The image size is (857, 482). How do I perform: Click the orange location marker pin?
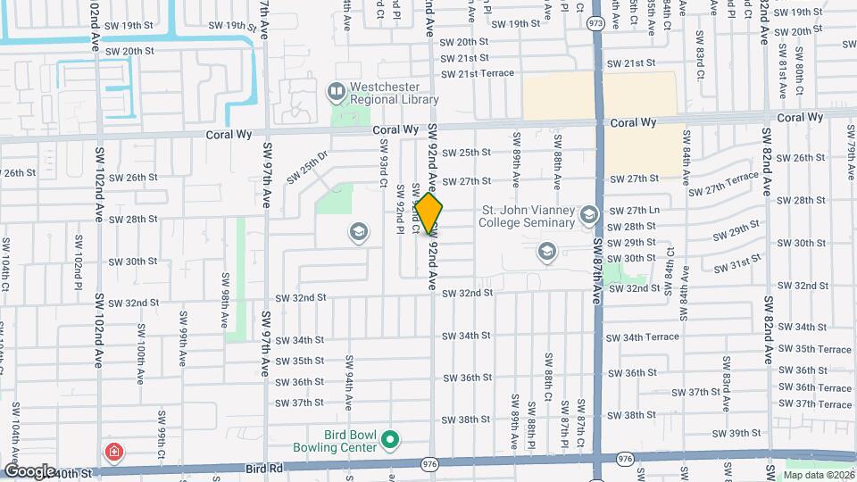coord(429,213)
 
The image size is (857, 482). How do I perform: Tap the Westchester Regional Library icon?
coord(337,89)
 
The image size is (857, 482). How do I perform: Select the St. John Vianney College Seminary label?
coord(528,216)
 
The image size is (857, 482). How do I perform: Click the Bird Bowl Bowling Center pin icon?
coord(389,438)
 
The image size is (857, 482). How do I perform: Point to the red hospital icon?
coord(114,452)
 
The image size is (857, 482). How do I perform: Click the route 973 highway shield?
coord(595,22)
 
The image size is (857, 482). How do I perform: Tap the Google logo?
coord(30,470)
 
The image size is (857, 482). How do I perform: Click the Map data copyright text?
coord(819,475)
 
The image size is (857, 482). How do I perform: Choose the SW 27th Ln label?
coord(635,210)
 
